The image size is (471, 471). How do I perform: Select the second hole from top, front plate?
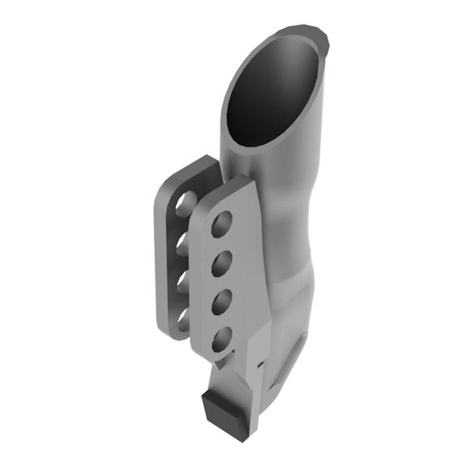pos(222,261)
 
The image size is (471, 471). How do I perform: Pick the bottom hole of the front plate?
pos(221,337)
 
